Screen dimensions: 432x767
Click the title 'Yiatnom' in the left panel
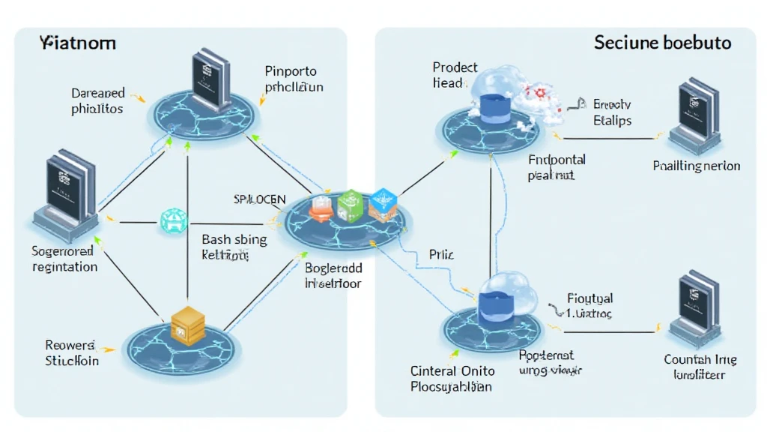(77, 43)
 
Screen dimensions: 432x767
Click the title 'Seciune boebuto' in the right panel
(663, 43)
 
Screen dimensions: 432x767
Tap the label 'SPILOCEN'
(260, 199)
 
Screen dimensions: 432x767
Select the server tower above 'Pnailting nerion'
(696, 118)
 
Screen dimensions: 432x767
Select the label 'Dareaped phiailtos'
(98, 101)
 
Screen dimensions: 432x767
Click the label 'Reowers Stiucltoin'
(71, 352)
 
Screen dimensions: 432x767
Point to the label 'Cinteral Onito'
(452, 370)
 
